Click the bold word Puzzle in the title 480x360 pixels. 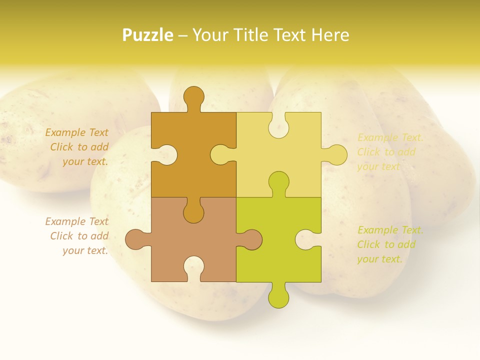[x=148, y=35]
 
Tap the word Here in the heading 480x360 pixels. [x=330, y=35]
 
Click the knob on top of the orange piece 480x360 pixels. [x=193, y=96]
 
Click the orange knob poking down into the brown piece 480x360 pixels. [x=193, y=212]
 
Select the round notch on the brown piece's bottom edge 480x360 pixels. [x=193, y=267]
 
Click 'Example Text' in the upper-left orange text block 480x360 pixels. [x=76, y=132]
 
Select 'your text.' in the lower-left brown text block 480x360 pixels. [x=85, y=250]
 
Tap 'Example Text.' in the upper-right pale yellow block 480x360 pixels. [x=390, y=137]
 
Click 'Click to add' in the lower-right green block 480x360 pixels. [x=386, y=244]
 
